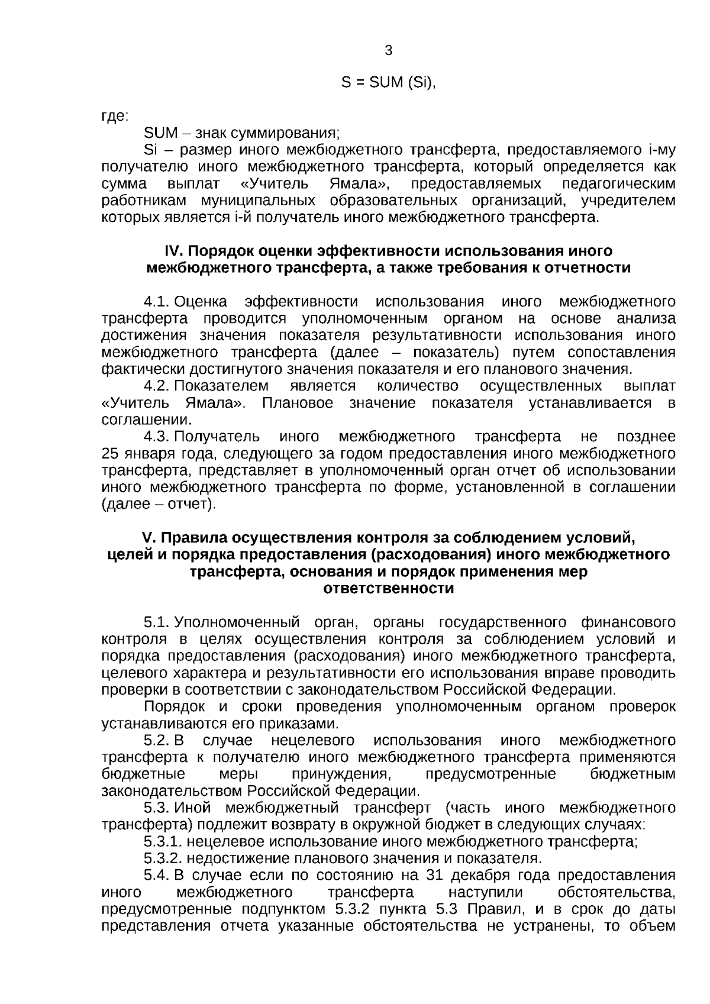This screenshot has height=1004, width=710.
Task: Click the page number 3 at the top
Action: pyautogui.click(x=388, y=51)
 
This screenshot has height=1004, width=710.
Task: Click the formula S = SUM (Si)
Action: pyautogui.click(x=388, y=83)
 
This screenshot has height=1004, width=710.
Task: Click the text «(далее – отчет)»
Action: pyautogui.click(x=159, y=505)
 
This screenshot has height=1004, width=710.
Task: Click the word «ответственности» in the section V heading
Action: pyautogui.click(x=389, y=589)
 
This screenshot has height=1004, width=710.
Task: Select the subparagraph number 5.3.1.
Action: pyautogui.click(x=162, y=841)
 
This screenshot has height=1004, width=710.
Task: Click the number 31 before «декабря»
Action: pyautogui.click(x=434, y=876)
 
